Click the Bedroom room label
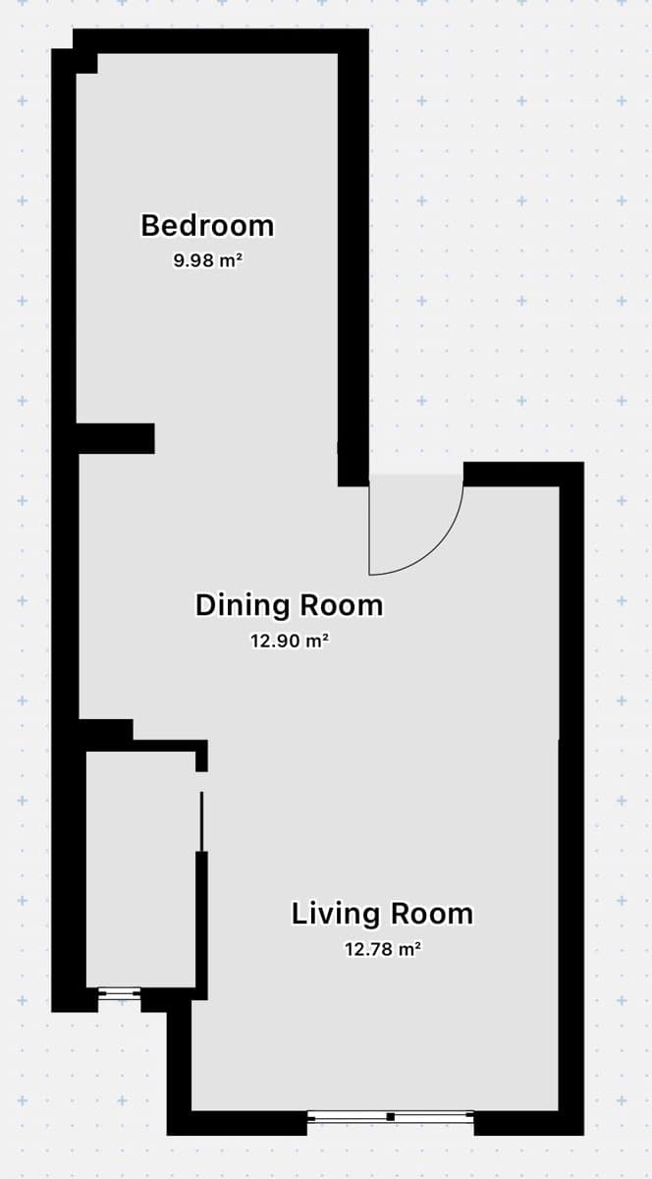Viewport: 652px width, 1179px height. click(207, 225)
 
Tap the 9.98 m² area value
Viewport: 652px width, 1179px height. click(208, 260)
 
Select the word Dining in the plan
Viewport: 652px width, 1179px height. click(243, 605)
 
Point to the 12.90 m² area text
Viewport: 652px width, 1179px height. click(290, 641)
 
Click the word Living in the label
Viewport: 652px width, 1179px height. click(336, 915)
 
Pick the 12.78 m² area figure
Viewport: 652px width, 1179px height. click(383, 949)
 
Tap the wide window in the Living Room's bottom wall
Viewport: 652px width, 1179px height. click(391, 1116)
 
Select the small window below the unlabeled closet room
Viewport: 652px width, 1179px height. click(120, 993)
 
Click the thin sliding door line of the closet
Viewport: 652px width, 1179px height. click(201, 821)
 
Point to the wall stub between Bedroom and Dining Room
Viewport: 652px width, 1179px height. click(116, 438)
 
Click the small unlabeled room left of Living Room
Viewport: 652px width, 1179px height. click(141, 869)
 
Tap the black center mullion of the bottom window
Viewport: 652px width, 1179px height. click(391, 1117)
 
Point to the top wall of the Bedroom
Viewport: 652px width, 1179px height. click(221, 41)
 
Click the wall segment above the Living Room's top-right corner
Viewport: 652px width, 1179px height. click(523, 475)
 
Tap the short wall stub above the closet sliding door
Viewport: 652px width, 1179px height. click(201, 756)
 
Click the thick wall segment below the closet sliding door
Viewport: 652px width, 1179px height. click(201, 926)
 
